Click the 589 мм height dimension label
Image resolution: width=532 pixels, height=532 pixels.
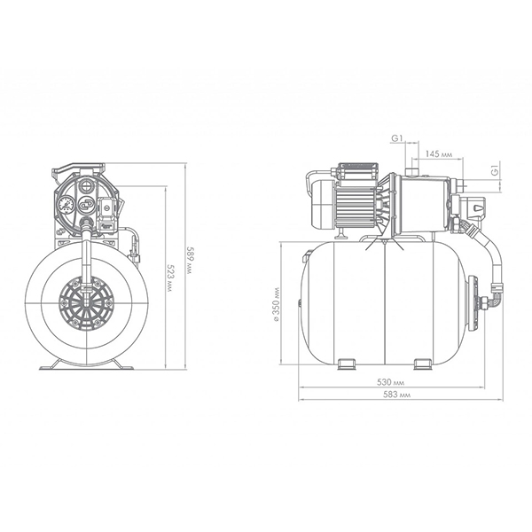point(190,265)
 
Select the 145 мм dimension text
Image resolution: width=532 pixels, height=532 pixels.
point(439,153)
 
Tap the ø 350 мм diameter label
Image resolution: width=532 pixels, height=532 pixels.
point(277,304)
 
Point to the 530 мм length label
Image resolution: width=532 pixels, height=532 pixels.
point(391,382)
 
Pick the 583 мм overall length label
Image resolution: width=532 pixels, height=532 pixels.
point(396,395)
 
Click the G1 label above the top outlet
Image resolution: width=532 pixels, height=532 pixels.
point(397,138)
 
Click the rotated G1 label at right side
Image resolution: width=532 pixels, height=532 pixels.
point(496,170)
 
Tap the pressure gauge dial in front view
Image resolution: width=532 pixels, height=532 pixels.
point(66,205)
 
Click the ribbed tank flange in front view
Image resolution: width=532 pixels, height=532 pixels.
point(87,303)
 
